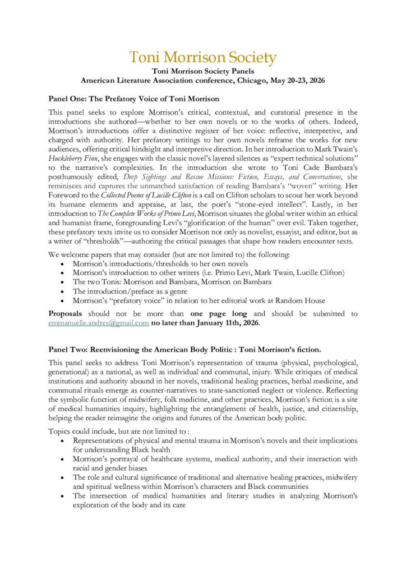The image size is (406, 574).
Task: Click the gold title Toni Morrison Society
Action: tap(203, 57)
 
